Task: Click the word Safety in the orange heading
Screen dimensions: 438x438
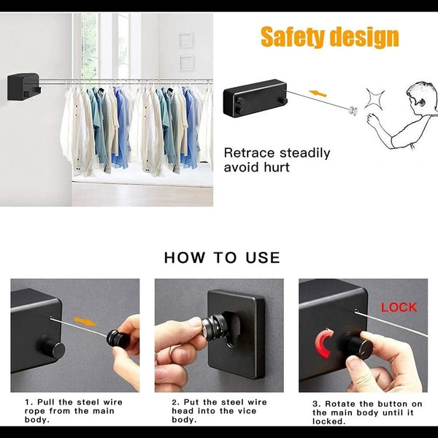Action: tap(293, 36)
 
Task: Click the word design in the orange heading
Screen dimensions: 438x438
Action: tap(364, 37)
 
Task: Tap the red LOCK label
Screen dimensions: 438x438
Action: tap(399, 307)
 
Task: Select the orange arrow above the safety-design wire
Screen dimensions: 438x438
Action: tap(318, 93)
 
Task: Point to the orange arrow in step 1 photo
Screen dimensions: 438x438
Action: tap(85, 321)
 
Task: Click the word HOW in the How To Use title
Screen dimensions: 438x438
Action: tap(185, 257)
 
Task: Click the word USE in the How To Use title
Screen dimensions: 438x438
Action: tap(263, 257)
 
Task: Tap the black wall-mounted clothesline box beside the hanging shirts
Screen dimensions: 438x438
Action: tap(24, 86)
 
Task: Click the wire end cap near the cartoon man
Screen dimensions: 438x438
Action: tap(353, 111)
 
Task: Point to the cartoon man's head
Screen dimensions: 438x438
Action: tap(422, 96)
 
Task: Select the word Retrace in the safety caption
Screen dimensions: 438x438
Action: tap(249, 153)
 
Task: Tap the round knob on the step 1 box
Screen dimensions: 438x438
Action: tap(54, 348)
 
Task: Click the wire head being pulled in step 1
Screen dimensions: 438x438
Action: tap(118, 339)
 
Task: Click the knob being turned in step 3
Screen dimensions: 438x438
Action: tap(359, 347)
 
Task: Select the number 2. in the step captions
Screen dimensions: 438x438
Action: tap(175, 402)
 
